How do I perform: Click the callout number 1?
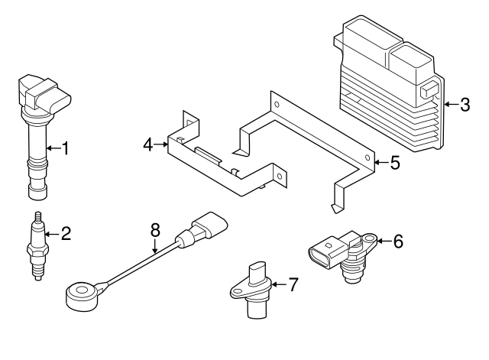65,148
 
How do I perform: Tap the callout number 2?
66,234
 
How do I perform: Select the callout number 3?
465,105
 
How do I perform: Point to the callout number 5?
395,163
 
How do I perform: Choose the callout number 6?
397,242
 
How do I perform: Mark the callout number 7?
293,284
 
